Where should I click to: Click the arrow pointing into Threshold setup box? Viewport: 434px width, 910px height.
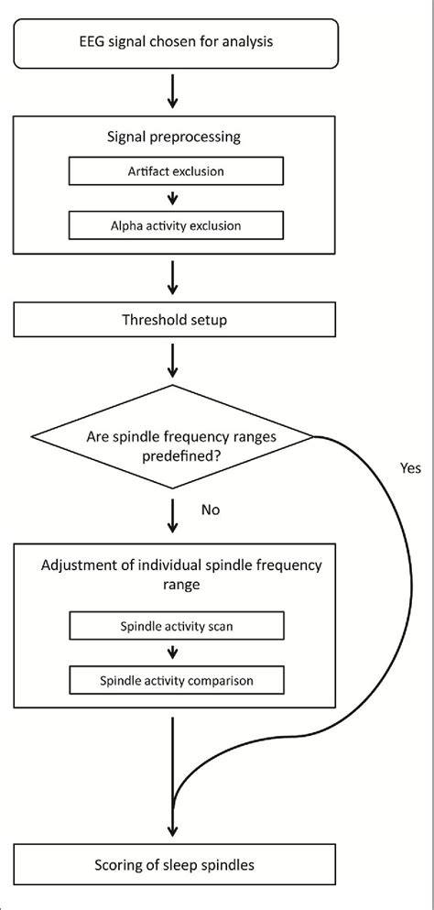pos(172,278)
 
